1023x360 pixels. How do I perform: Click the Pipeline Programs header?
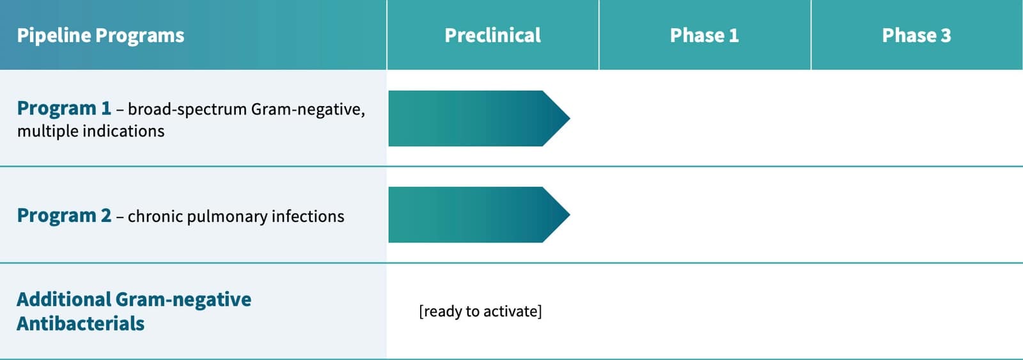coord(100,36)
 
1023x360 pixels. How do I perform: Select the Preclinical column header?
coord(493,36)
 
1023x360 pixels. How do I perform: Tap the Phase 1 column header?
coord(704,36)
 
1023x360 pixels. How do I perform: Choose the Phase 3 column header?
coord(917,36)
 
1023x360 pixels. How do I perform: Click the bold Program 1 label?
coord(64,108)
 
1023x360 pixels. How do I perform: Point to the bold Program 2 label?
coord(64,215)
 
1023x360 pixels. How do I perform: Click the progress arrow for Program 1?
coord(479,118)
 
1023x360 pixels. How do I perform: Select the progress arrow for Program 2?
coord(479,215)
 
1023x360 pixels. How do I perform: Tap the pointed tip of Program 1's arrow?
coord(570,118)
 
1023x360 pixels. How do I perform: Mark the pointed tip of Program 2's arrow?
coord(570,215)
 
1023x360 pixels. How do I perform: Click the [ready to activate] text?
coord(480,311)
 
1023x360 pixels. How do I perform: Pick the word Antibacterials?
coord(81,324)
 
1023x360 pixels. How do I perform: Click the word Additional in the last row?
coord(63,300)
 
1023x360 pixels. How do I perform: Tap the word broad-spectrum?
coord(187,110)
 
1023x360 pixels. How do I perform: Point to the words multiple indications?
coord(91,132)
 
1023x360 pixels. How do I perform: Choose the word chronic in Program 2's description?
coord(155,216)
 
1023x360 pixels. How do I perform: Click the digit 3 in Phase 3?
coord(946,36)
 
